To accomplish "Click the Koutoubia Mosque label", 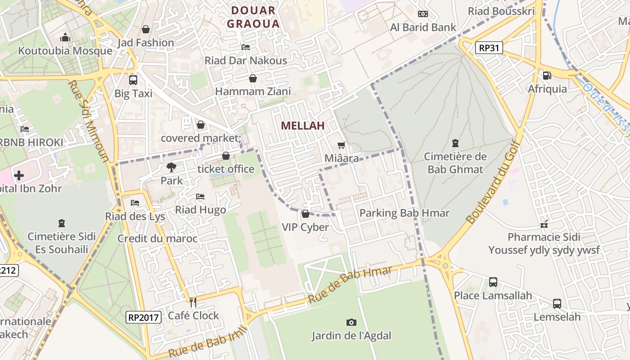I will [65, 50].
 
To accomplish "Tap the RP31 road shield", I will [489, 48].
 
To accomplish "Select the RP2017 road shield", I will [143, 317].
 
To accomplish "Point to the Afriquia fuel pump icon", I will [547, 76].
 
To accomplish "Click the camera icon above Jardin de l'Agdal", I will [351, 322].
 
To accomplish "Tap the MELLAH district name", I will [303, 126].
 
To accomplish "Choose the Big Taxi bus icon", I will [133, 80].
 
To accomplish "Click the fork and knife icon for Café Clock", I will [193, 302].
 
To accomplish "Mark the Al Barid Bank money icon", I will [423, 14].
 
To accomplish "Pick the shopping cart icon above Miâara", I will [342, 145].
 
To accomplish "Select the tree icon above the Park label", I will [171, 167].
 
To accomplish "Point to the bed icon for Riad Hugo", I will [200, 197].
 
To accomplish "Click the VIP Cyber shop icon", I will [306, 214].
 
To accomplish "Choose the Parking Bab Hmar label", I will [404, 213].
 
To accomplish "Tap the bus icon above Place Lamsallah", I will [493, 282].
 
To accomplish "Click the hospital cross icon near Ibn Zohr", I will [19, 175].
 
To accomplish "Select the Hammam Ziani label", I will [253, 91].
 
